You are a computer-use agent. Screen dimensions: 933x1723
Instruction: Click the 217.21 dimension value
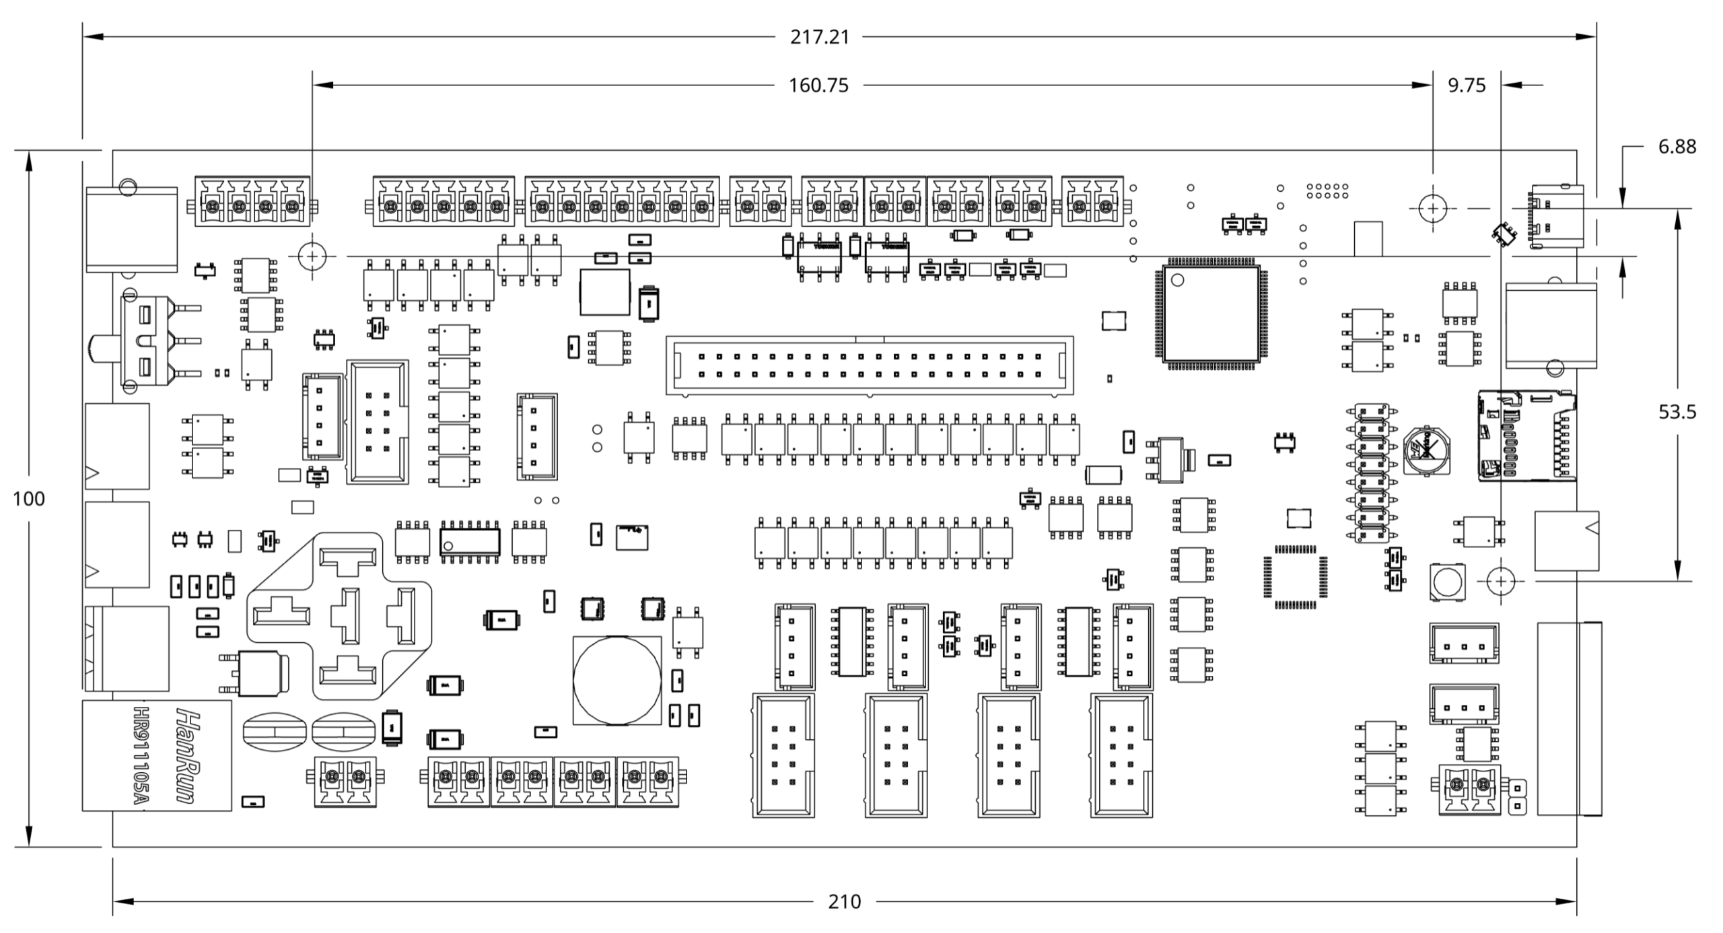tap(819, 37)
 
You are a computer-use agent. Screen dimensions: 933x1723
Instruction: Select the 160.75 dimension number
tap(818, 85)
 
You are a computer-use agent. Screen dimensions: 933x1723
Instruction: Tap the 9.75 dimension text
tap(1467, 85)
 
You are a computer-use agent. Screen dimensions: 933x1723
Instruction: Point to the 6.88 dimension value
tap(1677, 147)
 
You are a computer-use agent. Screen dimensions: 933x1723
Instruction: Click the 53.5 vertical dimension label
tap(1677, 412)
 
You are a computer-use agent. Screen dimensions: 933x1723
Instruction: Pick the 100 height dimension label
tap(29, 499)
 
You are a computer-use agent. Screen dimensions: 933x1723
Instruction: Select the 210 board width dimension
tap(844, 901)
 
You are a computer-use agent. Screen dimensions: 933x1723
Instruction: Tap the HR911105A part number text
tap(140, 755)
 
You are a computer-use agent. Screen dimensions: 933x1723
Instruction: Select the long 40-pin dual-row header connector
tap(870, 365)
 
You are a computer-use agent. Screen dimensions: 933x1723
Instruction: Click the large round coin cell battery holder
tap(617, 680)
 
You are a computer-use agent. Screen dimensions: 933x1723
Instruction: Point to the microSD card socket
tap(1526, 436)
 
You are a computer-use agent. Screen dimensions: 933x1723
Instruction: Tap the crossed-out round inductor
tap(1426, 449)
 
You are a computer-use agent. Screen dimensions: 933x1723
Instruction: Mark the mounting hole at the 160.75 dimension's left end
tap(312, 256)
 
